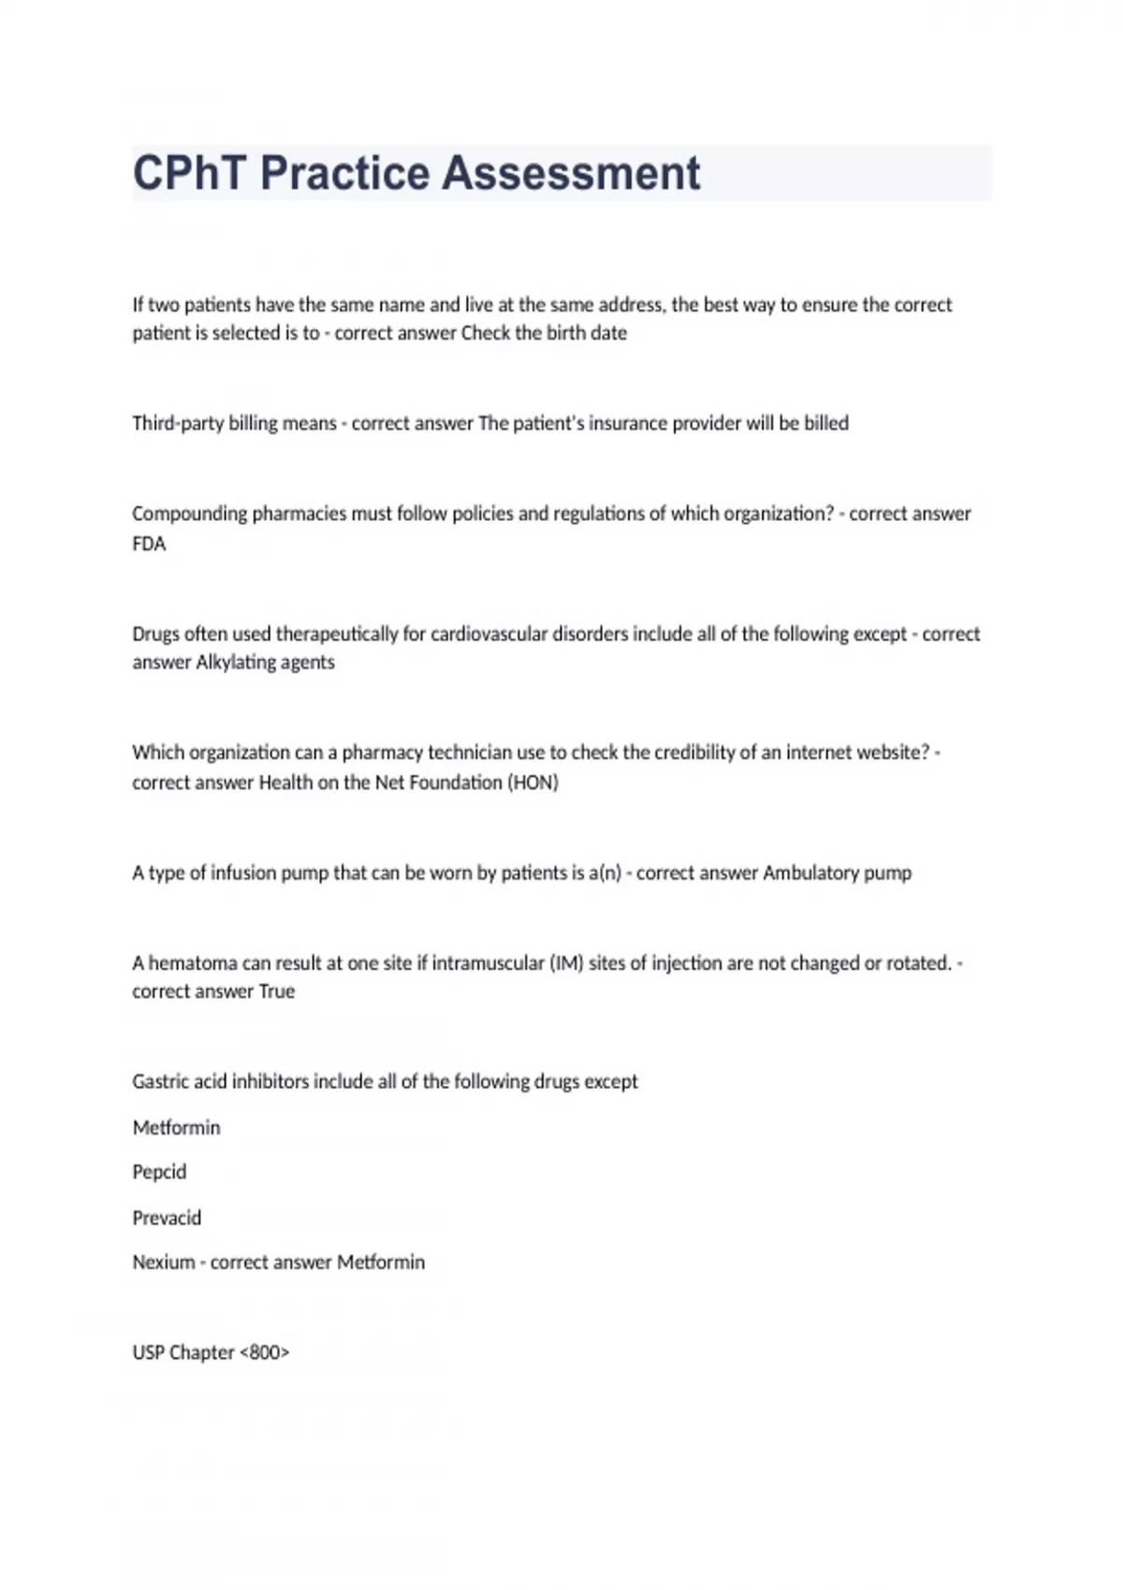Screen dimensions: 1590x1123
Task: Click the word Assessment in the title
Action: pyautogui.click(x=571, y=174)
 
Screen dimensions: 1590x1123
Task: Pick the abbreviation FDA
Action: pyautogui.click(x=149, y=544)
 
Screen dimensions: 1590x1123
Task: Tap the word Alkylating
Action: pyautogui.click(x=230, y=662)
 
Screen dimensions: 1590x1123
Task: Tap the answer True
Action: pyautogui.click(x=277, y=991)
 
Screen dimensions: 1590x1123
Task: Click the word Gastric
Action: pyautogui.click(x=160, y=1082)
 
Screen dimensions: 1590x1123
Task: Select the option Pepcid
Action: pyautogui.click(x=159, y=1173)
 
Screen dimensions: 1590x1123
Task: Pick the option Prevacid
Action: pyautogui.click(x=167, y=1219)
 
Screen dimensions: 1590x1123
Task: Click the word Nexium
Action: pyautogui.click(x=163, y=1263)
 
